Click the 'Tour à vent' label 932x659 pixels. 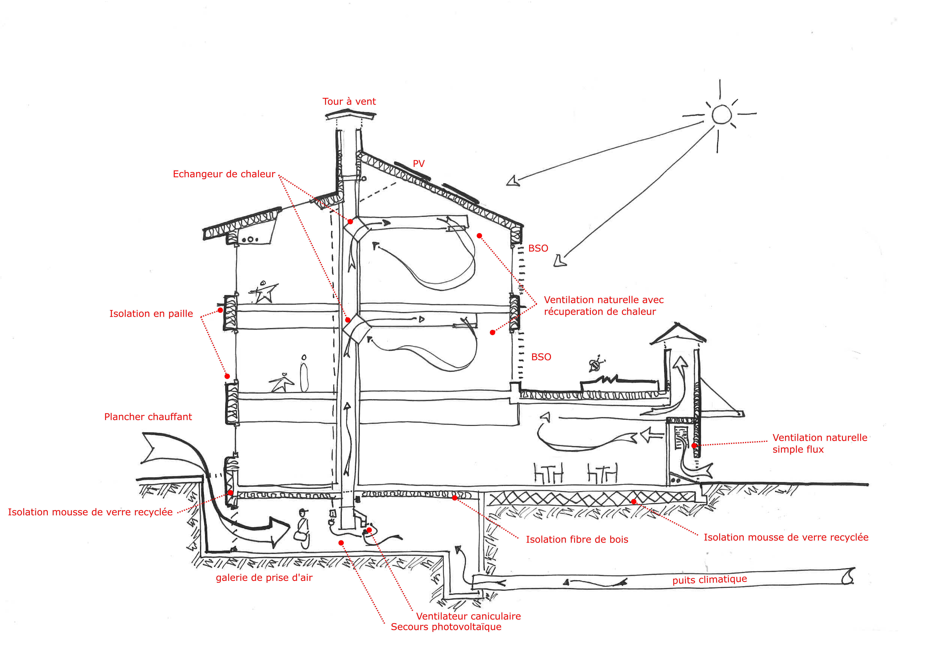tap(349, 101)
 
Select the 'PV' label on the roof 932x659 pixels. tap(418, 164)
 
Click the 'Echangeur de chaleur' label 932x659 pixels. tap(224, 174)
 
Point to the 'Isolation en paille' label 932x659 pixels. tap(151, 314)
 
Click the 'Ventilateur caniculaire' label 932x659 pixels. tap(468, 616)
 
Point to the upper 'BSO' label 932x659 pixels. tap(538, 249)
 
